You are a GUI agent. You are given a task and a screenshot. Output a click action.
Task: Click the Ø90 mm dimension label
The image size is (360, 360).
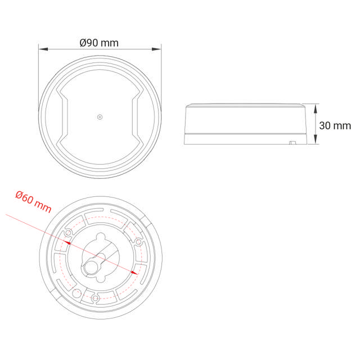tap(100, 43)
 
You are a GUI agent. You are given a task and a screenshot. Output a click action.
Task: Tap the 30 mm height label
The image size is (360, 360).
tap(335, 125)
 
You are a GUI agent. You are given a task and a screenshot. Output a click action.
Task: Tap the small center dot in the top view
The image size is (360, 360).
tap(100, 117)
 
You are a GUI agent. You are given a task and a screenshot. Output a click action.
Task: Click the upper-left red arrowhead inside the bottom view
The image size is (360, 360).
tap(67, 242)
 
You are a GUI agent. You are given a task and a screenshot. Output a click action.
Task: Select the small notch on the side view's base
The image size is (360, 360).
tap(292, 143)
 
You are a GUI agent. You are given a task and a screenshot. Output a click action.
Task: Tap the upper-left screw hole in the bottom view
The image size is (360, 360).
tap(69, 232)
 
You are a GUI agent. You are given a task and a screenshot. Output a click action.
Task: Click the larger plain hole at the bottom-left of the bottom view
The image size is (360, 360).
tap(76, 292)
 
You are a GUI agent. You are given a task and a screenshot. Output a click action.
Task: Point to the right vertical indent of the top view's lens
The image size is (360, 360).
tap(136, 118)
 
